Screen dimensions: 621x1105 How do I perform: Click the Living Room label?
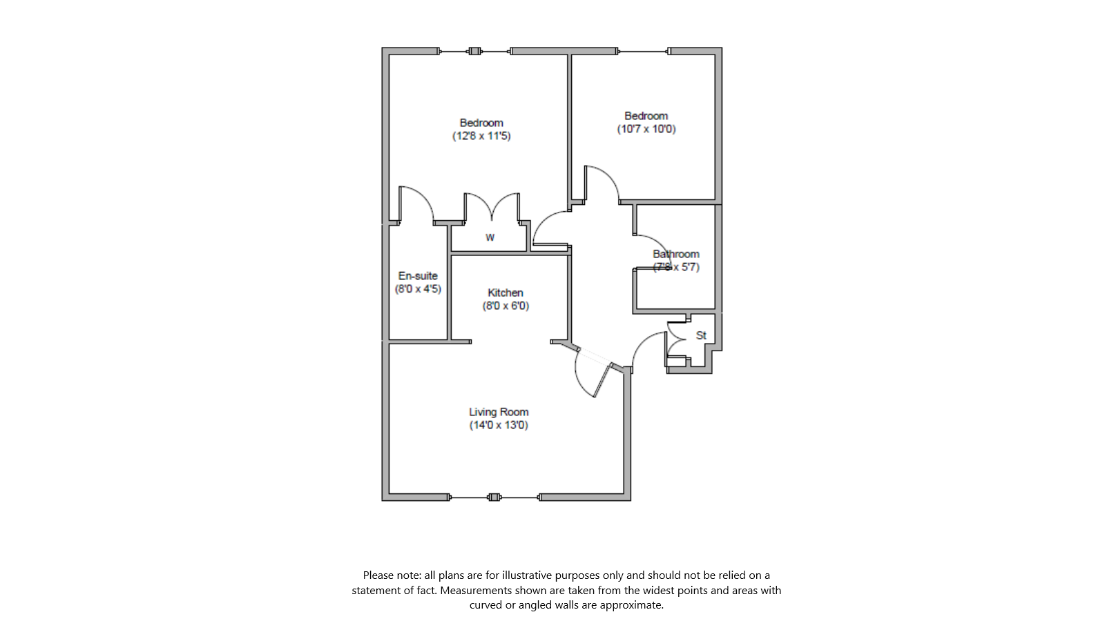(499, 412)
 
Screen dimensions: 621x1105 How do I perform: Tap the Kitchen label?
(506, 293)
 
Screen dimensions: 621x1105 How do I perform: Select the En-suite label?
(418, 276)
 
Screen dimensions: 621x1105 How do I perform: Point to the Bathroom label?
(676, 254)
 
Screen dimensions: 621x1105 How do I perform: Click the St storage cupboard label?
(701, 335)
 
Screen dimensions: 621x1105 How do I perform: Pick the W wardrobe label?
(490, 237)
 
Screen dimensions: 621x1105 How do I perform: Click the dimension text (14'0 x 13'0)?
(499, 425)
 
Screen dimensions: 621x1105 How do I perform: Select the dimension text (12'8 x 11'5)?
(481, 136)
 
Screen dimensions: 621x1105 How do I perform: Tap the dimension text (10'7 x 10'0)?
(646, 129)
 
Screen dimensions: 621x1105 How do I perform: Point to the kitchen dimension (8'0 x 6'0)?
(506, 306)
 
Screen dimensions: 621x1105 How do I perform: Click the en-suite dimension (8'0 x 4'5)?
(418, 289)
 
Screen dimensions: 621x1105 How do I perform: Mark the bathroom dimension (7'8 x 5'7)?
(677, 267)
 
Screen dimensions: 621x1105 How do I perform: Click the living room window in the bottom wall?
(494, 497)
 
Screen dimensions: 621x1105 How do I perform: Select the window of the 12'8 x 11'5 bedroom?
(474, 51)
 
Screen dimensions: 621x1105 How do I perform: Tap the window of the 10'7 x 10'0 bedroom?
(643, 51)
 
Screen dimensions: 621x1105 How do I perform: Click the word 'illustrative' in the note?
(527, 575)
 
